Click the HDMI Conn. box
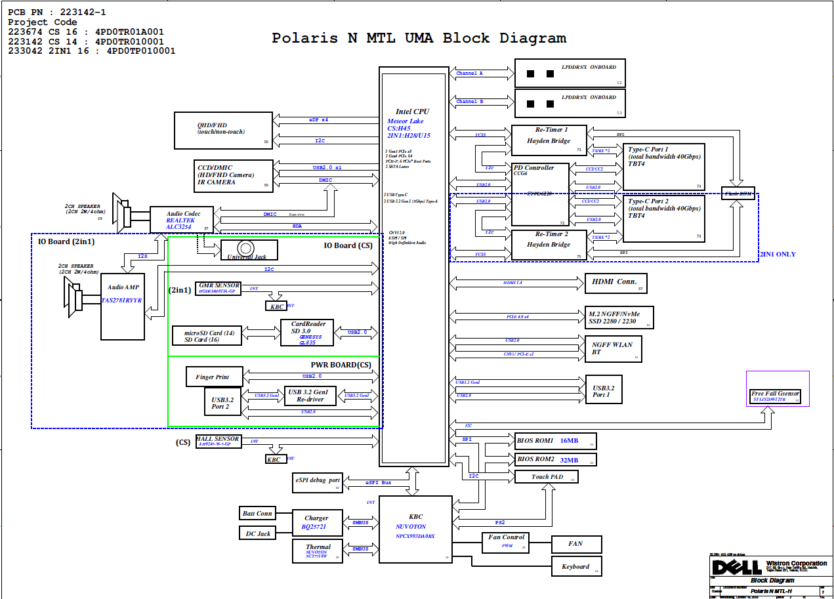615,283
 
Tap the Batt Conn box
257,513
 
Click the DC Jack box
257,533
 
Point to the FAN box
575,544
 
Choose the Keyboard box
575,566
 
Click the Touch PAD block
547,477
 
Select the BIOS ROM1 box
554,441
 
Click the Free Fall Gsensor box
776,396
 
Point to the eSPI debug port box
318,482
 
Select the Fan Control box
506,541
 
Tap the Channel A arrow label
469,73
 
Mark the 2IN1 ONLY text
778,254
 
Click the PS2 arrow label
499,522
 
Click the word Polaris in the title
305,38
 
